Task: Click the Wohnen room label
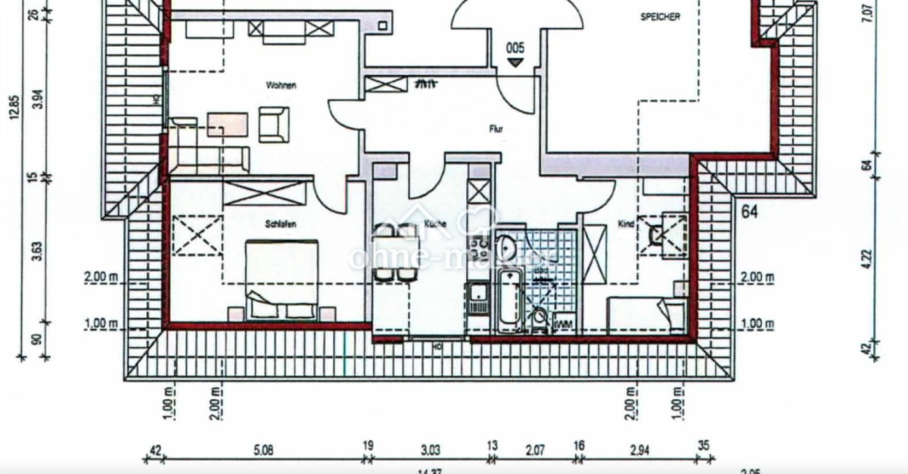(x=281, y=86)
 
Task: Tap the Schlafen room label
(x=280, y=224)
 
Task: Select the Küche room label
(x=434, y=224)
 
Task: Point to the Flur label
(x=496, y=130)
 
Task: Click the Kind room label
(x=626, y=224)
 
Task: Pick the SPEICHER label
(x=660, y=17)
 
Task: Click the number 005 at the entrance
(x=515, y=49)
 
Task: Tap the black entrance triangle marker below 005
(x=515, y=62)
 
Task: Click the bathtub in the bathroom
(x=510, y=301)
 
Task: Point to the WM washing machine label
(x=564, y=324)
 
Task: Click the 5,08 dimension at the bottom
(x=263, y=451)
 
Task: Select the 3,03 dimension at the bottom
(x=430, y=451)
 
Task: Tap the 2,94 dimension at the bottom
(x=640, y=451)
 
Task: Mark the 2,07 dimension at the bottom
(x=534, y=451)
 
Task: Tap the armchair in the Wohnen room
(x=274, y=124)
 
